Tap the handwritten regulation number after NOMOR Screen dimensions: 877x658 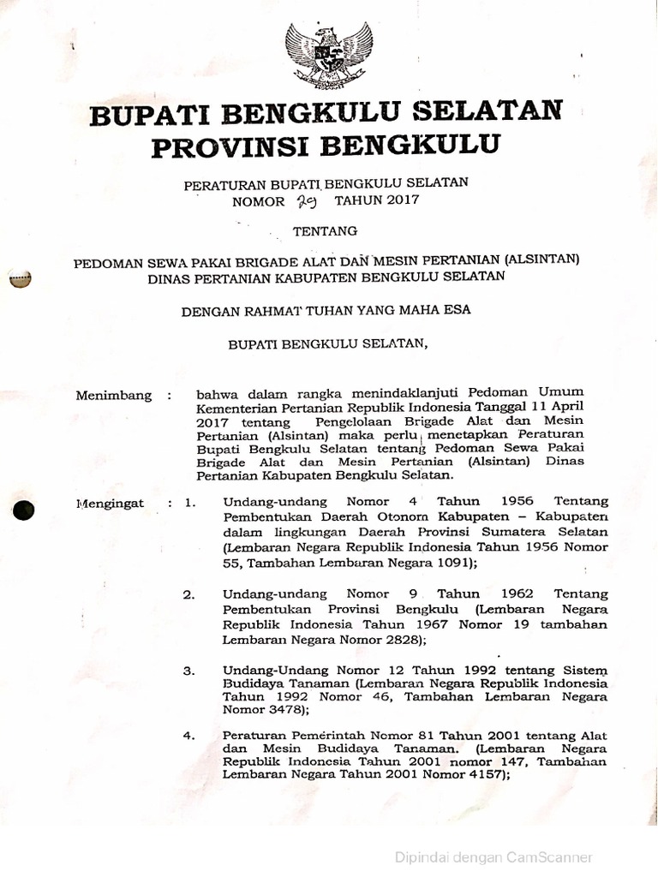tap(306, 201)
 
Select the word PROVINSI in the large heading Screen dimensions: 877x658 tap(227, 146)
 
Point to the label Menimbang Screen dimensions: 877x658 tap(114, 396)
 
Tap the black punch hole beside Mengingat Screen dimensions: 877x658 tap(23, 509)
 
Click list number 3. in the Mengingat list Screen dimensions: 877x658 tap(189, 671)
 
